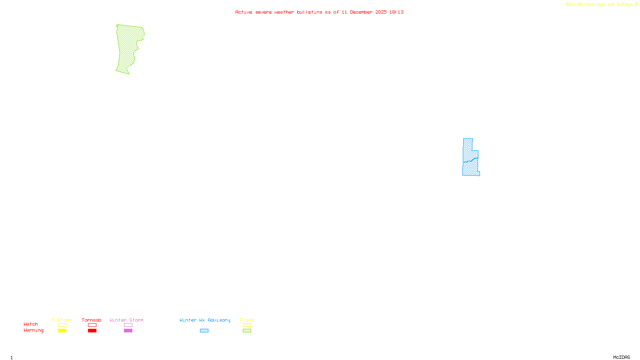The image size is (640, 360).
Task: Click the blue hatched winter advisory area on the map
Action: pos(470,160)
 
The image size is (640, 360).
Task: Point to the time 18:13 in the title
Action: pos(396,12)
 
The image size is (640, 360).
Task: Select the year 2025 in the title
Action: pos(381,12)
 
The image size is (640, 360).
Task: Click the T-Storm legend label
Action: pos(62,320)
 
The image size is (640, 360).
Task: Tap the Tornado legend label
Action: pos(92,320)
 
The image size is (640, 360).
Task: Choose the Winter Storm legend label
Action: pos(126,320)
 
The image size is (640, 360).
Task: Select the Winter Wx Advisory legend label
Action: pos(205,320)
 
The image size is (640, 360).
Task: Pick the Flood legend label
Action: pos(247,320)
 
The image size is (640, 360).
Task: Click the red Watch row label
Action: pos(31,324)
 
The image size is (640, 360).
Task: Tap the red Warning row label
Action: pos(33,330)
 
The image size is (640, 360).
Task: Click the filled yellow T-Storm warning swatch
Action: pos(62,331)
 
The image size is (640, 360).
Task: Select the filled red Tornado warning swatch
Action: pos(92,331)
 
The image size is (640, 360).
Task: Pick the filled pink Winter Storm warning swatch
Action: pos(128,331)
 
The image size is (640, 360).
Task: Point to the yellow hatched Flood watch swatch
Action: pos(247,325)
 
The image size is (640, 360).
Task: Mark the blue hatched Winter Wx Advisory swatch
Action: pos(204,331)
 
